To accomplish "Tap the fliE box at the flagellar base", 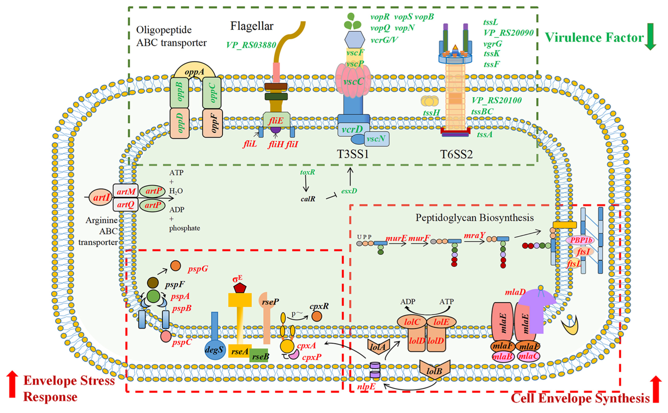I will point(276,120).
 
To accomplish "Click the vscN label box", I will point(376,139).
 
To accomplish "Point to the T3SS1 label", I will point(353,154).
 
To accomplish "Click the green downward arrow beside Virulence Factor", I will point(650,36).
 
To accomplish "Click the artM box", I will point(126,191).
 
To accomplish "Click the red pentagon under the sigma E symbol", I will point(239,288).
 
